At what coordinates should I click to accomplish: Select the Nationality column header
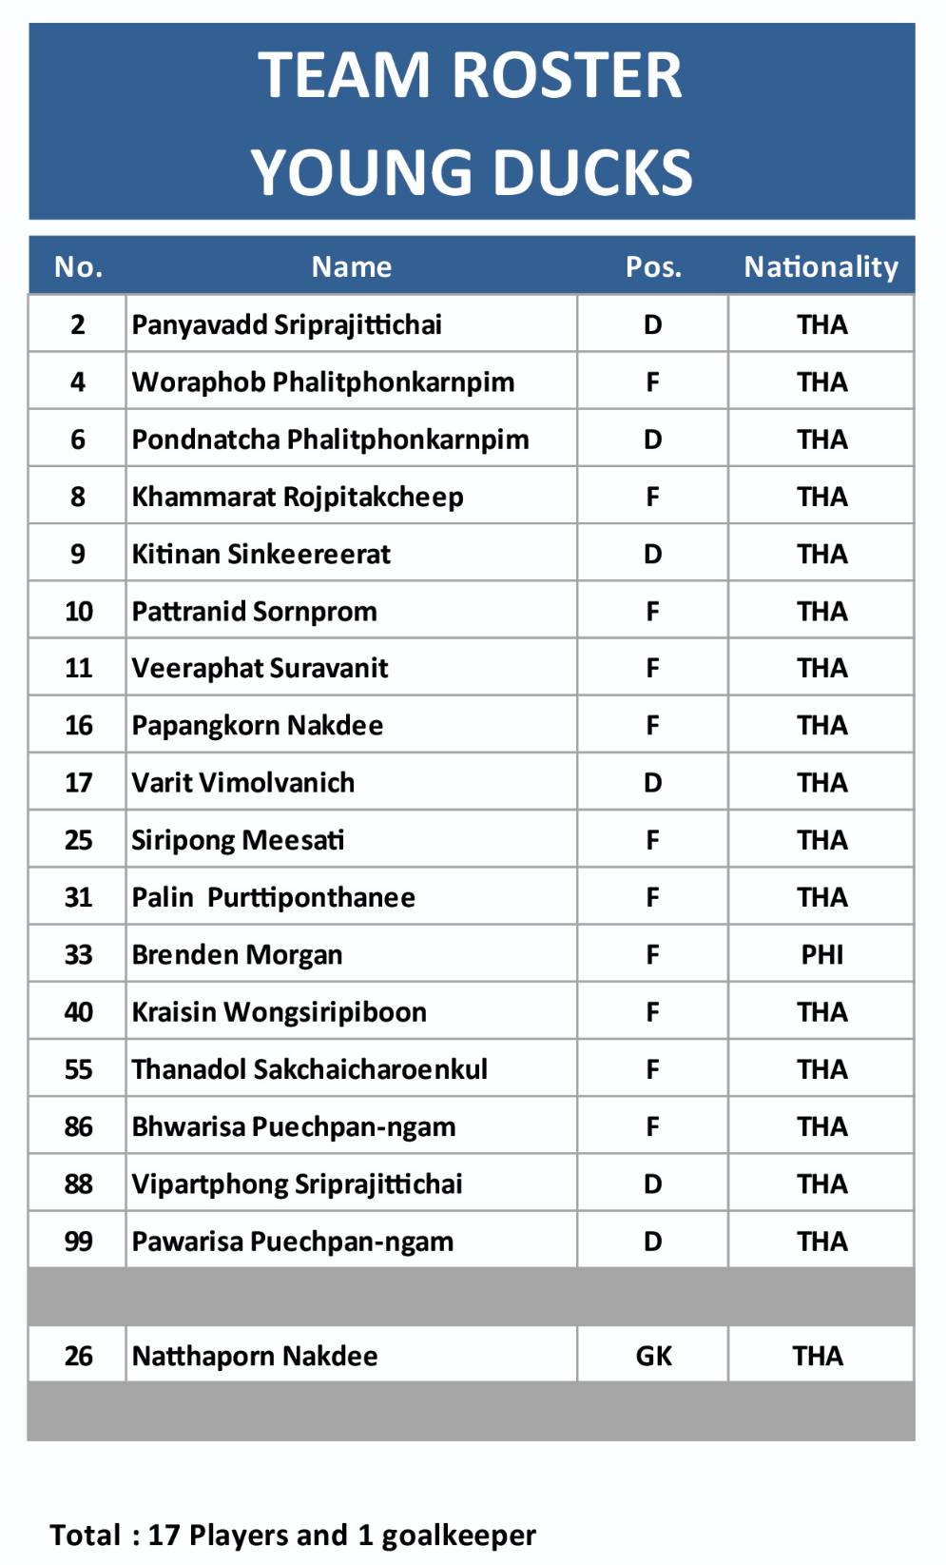click(821, 266)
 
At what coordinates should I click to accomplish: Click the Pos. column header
click(653, 266)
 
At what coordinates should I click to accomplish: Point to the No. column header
click(78, 266)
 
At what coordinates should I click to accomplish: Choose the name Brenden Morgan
click(237, 954)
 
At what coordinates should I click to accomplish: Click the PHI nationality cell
click(821, 954)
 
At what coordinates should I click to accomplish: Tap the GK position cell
click(653, 1355)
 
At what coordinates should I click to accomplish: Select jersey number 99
click(78, 1241)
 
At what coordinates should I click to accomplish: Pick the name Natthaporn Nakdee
click(255, 1355)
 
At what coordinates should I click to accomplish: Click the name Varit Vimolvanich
click(243, 782)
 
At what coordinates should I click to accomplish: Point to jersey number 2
click(78, 324)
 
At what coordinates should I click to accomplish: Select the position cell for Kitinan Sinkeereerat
click(652, 554)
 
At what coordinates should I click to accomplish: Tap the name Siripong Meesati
click(238, 839)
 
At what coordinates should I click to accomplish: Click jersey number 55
click(78, 1068)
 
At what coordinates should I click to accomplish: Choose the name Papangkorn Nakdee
click(258, 725)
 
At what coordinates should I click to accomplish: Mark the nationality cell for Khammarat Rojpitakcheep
click(821, 497)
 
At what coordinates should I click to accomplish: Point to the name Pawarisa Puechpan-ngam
click(293, 1241)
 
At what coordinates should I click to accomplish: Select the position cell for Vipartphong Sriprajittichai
click(652, 1184)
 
